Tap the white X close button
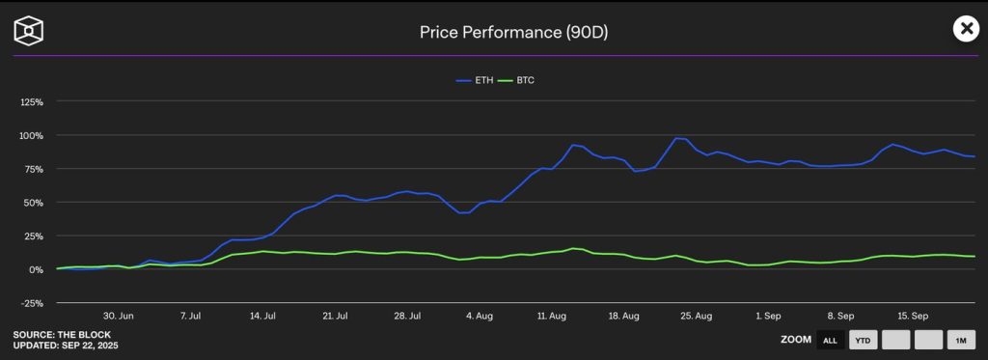(x=966, y=29)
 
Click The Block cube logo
(x=28, y=31)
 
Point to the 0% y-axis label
(x=36, y=269)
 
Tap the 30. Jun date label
(x=119, y=315)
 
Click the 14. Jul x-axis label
(x=262, y=315)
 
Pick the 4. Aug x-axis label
(x=480, y=315)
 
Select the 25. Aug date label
(x=697, y=315)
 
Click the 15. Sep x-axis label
(x=913, y=315)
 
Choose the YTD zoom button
(x=863, y=340)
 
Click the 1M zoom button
(x=961, y=340)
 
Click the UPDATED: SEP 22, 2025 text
(x=66, y=345)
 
